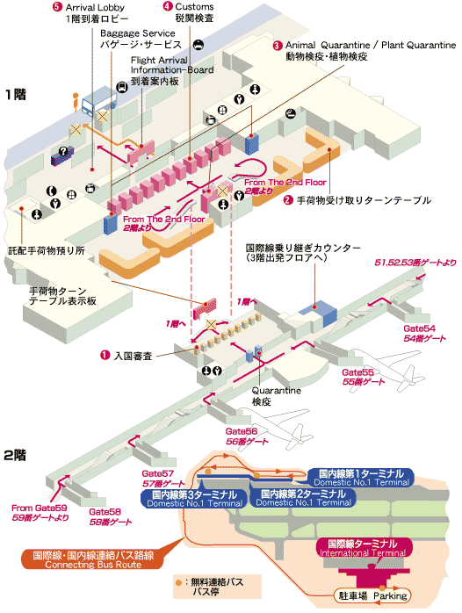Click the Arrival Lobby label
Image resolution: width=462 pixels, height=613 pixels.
point(95,7)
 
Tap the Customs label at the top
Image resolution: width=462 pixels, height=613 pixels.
point(194,7)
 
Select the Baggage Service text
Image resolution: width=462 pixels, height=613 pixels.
point(138,33)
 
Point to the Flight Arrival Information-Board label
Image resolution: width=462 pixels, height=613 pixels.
point(172,65)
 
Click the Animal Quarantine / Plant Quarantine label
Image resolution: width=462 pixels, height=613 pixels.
point(371,45)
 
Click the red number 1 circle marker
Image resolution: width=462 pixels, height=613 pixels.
point(105,355)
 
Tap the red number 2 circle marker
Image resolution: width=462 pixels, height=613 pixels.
point(288,199)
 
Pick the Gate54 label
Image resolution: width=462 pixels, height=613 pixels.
point(419,328)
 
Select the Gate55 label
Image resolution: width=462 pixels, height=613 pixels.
point(357,372)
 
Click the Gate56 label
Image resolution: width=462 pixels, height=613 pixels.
point(242,431)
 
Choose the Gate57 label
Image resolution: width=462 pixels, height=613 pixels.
point(157,473)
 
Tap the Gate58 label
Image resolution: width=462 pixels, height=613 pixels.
point(105,511)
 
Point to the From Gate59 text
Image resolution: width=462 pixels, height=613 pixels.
point(40,508)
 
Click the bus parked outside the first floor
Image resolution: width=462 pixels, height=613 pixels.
point(98,101)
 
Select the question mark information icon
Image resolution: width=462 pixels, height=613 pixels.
point(63,151)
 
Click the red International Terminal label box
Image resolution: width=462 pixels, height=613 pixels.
point(364,547)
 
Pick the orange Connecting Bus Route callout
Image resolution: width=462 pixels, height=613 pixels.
point(93,559)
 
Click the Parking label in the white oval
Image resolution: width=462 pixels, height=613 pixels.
point(390,595)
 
